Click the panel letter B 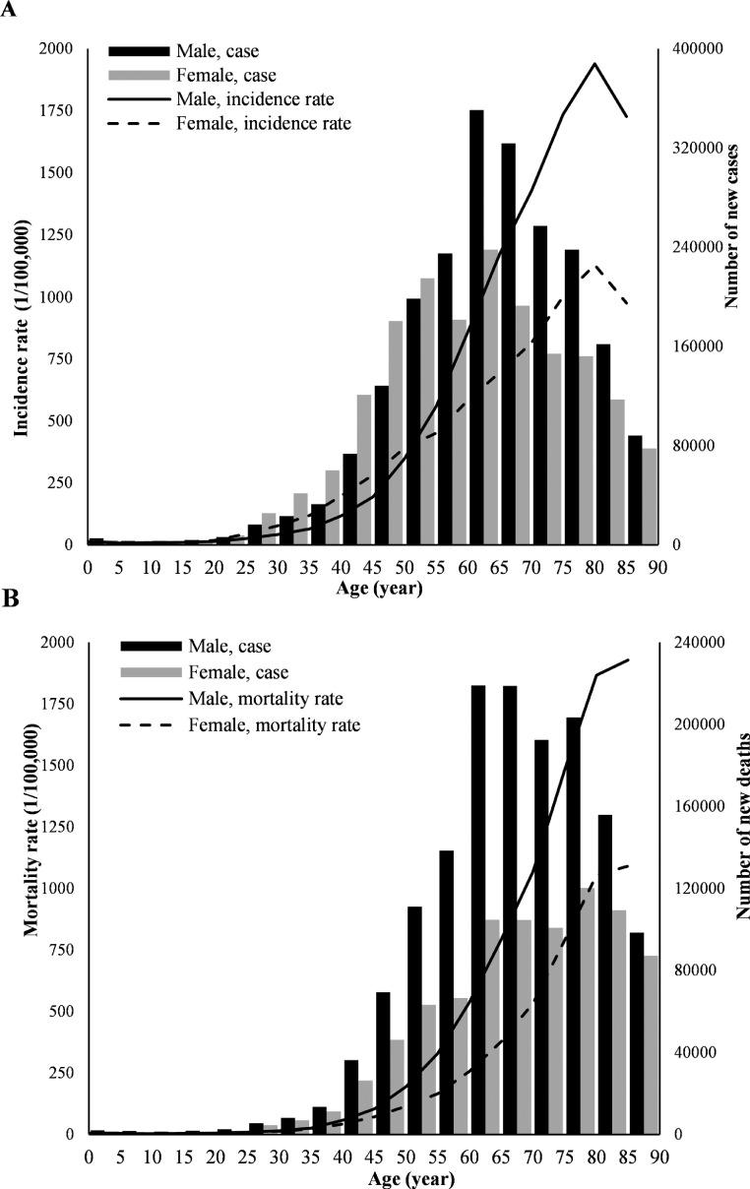tap(9, 597)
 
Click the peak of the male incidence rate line tap(594, 64)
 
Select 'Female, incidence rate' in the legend tap(263, 123)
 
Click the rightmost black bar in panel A tap(635, 489)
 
